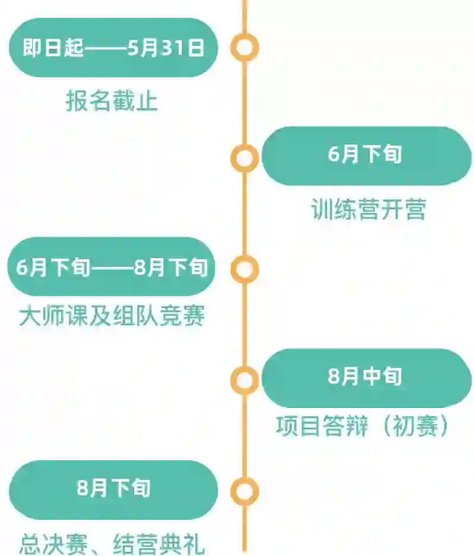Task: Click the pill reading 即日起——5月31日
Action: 113,48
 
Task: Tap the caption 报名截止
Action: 112,102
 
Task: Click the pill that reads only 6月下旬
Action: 366,156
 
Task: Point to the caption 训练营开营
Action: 368,210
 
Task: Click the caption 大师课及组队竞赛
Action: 112,316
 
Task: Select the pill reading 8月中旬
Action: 366,378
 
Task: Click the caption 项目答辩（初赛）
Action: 362,426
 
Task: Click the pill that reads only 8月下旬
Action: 113,489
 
